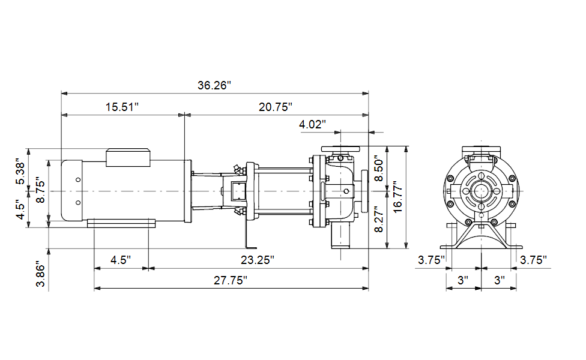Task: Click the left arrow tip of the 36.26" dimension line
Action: point(61,93)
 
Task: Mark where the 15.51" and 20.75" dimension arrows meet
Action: point(184,115)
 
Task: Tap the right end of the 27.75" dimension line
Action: point(369,288)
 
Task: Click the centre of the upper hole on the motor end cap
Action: point(78,179)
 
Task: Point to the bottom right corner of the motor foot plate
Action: point(155,227)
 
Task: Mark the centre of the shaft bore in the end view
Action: point(481,191)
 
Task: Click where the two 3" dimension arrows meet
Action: point(481,288)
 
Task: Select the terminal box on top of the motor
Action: point(128,158)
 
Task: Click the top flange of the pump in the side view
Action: point(340,149)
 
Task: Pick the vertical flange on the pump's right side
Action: point(364,191)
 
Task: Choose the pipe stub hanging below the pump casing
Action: point(340,237)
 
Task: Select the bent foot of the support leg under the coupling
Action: point(250,247)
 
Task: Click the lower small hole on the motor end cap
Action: point(78,203)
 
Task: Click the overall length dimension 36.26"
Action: point(214,86)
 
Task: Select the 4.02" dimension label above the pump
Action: point(312,124)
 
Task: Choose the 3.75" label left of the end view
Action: point(431,260)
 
